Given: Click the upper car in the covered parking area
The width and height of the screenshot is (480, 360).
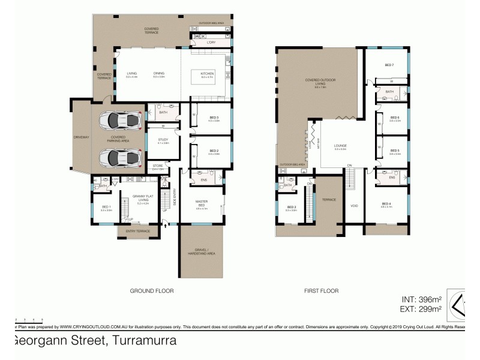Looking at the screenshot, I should (119, 121).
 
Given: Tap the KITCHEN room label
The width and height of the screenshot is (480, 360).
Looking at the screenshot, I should (207, 74).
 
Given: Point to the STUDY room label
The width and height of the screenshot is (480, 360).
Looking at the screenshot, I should (163, 141).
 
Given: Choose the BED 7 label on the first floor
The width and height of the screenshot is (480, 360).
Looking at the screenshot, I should (388, 65).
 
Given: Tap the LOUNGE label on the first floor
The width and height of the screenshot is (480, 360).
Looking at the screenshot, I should (340, 146).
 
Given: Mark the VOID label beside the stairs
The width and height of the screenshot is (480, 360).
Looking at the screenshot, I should (353, 205).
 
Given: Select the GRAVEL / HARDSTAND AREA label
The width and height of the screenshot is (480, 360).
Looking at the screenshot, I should (201, 251).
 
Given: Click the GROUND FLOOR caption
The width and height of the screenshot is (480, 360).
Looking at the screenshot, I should (152, 290).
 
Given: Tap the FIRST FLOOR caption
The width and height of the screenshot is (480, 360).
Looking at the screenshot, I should (321, 290).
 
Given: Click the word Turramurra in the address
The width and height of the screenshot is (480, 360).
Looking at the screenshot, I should (142, 341).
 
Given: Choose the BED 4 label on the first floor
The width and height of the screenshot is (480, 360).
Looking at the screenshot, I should (386, 205).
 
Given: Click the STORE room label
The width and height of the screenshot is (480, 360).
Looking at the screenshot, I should (158, 167).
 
